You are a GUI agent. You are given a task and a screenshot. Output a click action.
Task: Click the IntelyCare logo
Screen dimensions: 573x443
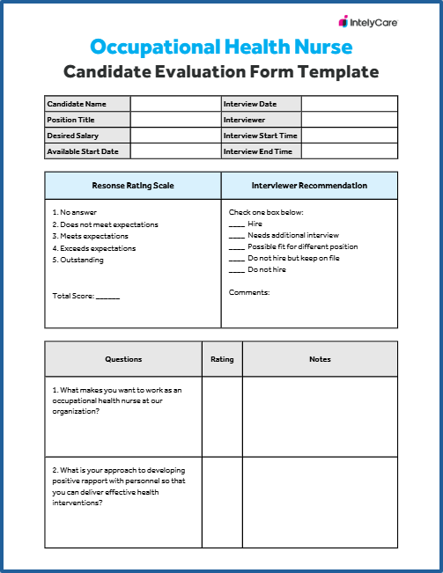tap(368, 21)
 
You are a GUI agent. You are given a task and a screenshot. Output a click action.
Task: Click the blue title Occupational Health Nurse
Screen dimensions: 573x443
tap(221, 47)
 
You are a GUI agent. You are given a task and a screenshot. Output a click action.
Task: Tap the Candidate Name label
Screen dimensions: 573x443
tap(77, 104)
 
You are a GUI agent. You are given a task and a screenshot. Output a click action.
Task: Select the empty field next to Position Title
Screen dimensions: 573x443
tap(174, 120)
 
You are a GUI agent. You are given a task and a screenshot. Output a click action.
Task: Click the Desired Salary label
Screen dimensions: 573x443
tap(73, 136)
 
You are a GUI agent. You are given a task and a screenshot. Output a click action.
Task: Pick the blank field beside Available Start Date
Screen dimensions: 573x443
tap(174, 151)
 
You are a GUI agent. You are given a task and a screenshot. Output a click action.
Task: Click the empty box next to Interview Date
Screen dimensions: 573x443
tap(349, 104)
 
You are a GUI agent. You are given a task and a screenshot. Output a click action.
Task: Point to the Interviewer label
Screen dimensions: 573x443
tap(244, 120)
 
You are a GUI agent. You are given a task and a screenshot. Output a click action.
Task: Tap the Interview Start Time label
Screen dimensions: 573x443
tap(260, 136)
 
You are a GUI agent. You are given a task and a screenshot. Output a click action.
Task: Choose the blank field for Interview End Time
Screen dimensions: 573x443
tap(349, 151)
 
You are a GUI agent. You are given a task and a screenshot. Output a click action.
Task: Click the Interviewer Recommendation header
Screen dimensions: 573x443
tap(309, 186)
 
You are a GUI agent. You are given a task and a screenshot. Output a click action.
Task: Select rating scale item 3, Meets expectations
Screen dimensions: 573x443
tap(91, 236)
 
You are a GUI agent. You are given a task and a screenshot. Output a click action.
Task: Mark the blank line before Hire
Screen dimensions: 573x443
tap(236, 224)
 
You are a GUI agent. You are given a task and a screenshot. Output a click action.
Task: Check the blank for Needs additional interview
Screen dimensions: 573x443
tap(236, 236)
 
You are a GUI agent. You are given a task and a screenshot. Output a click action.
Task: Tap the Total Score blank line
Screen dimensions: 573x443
tap(107, 297)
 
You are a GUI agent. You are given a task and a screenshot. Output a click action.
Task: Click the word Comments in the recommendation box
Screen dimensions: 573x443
tap(249, 292)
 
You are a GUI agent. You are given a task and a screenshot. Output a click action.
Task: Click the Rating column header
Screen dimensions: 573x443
tap(222, 359)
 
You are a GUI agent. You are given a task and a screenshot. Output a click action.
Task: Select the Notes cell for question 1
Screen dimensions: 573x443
tap(320, 416)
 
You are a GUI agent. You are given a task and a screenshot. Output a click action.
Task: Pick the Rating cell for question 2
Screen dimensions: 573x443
tap(222, 502)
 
